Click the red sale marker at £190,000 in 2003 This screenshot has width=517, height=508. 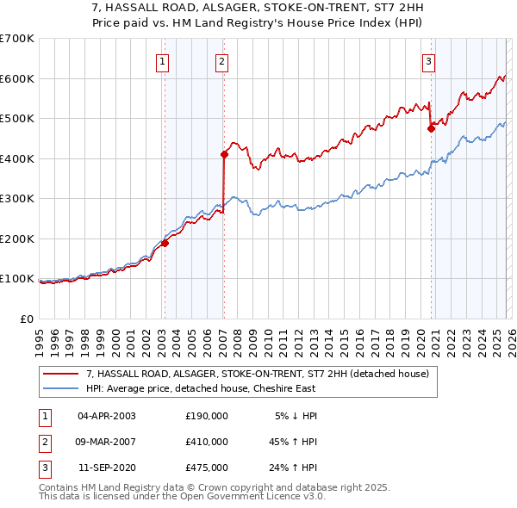tap(165, 243)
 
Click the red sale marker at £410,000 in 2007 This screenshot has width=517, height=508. tap(224, 155)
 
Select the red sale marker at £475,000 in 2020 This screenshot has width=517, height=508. tap(431, 129)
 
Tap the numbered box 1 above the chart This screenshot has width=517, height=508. tap(163, 60)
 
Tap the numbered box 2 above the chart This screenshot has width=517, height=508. tap(221, 60)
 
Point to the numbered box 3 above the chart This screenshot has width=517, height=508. tap(428, 60)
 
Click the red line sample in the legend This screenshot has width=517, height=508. tap(61, 373)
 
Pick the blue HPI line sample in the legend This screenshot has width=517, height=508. tap(61, 387)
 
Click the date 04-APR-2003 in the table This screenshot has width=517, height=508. tap(107, 416)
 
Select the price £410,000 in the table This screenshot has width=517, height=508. tap(207, 442)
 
